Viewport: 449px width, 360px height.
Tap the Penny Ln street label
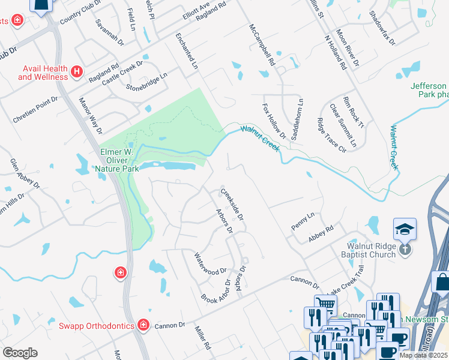pyautogui.click(x=303, y=220)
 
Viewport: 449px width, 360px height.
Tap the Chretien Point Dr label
pyautogui.click(x=35, y=109)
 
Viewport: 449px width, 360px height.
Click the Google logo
pyautogui.click(x=19, y=353)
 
